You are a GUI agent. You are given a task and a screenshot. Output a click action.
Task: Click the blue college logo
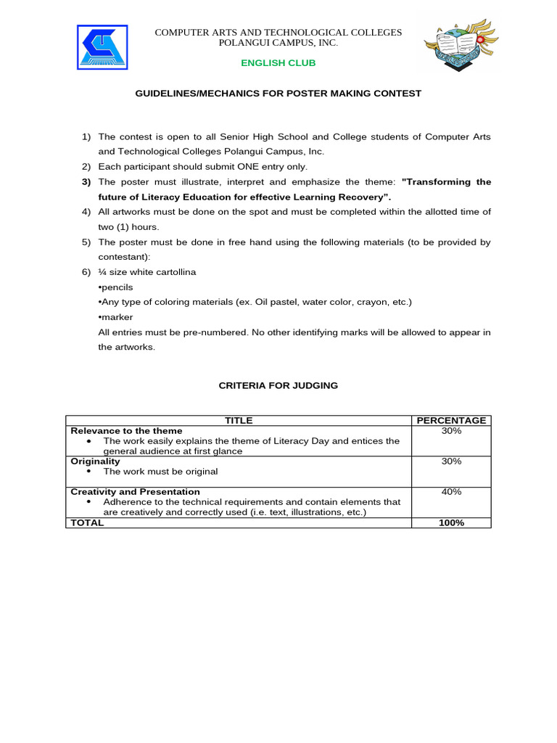click(x=102, y=49)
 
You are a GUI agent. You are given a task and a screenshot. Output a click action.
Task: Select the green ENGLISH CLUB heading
click(x=278, y=63)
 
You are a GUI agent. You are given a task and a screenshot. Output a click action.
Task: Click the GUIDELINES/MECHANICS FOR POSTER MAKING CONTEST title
click(x=278, y=94)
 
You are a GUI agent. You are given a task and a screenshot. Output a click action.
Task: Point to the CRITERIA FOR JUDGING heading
click(x=278, y=385)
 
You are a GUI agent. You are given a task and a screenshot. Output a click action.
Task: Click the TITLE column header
click(x=239, y=420)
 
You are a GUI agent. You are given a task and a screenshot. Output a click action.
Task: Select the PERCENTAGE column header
click(x=451, y=420)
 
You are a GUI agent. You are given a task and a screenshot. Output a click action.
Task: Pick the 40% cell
click(x=451, y=492)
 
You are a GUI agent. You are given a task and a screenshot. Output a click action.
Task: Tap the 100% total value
click(x=451, y=522)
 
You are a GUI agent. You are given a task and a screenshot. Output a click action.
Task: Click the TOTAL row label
click(x=87, y=522)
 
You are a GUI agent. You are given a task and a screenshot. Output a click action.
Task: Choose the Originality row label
click(x=95, y=461)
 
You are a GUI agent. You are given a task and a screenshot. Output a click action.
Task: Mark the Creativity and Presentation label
click(x=135, y=492)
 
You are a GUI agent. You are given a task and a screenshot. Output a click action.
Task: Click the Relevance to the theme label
click(x=126, y=430)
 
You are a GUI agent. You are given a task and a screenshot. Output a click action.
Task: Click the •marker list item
click(x=115, y=317)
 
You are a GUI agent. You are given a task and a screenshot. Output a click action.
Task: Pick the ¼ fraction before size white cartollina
click(x=102, y=272)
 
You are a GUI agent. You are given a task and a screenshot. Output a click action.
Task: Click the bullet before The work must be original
click(x=88, y=472)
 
